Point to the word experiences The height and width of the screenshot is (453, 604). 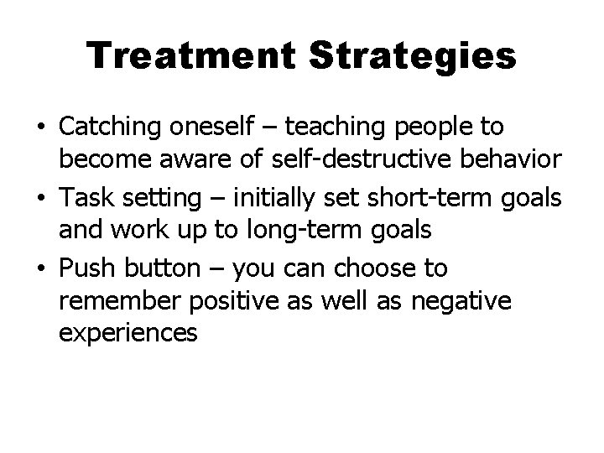(128, 333)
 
